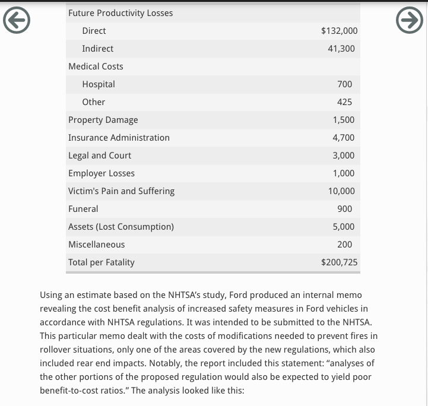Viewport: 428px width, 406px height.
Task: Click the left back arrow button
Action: [x=17, y=21]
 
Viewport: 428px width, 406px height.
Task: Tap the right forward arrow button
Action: [x=410, y=21]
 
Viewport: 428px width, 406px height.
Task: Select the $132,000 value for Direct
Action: [x=339, y=31]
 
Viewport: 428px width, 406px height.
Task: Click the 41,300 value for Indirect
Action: [x=341, y=49]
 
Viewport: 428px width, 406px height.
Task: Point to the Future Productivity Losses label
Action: [x=121, y=13]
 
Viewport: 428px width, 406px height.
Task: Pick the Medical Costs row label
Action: [x=96, y=66]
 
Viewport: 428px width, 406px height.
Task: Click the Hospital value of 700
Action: [x=344, y=84]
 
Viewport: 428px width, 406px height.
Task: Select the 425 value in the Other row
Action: [x=344, y=102]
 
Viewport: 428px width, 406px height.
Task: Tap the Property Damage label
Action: [x=103, y=120]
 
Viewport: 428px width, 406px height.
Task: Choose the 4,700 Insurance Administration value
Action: [x=344, y=138]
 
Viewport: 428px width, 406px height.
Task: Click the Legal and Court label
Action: [x=100, y=156]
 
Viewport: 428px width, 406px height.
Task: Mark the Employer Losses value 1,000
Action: [x=344, y=173]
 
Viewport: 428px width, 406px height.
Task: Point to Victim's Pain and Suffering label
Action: [x=121, y=191]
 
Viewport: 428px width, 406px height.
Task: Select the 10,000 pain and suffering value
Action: [x=341, y=191]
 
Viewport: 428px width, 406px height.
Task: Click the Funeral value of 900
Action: [x=344, y=209]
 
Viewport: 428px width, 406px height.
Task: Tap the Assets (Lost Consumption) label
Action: [x=121, y=227]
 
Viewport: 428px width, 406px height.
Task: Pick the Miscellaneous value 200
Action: [x=344, y=245]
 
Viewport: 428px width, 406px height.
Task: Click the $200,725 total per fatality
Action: [x=339, y=262]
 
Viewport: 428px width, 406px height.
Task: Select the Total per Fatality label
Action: [x=102, y=262]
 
